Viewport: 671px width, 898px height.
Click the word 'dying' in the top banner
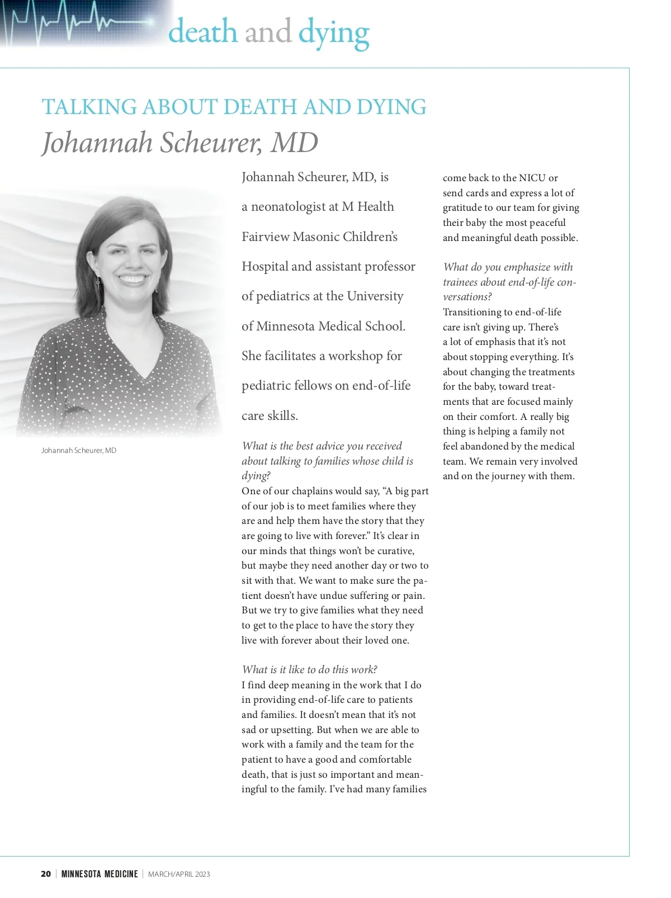[333, 32]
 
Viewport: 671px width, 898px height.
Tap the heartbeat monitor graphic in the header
[78, 22]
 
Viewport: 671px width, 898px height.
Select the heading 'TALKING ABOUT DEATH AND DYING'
[234, 107]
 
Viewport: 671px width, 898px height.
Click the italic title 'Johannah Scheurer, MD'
[179, 143]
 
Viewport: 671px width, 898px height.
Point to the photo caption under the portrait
[79, 451]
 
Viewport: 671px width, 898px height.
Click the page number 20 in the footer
[46, 874]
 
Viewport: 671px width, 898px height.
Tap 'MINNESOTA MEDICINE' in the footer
[100, 874]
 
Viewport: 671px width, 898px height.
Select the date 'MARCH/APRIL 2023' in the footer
[179, 874]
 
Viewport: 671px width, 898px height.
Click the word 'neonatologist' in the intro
[289, 207]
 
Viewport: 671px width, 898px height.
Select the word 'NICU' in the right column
[532, 178]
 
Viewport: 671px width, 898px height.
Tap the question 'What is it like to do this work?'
[309, 670]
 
